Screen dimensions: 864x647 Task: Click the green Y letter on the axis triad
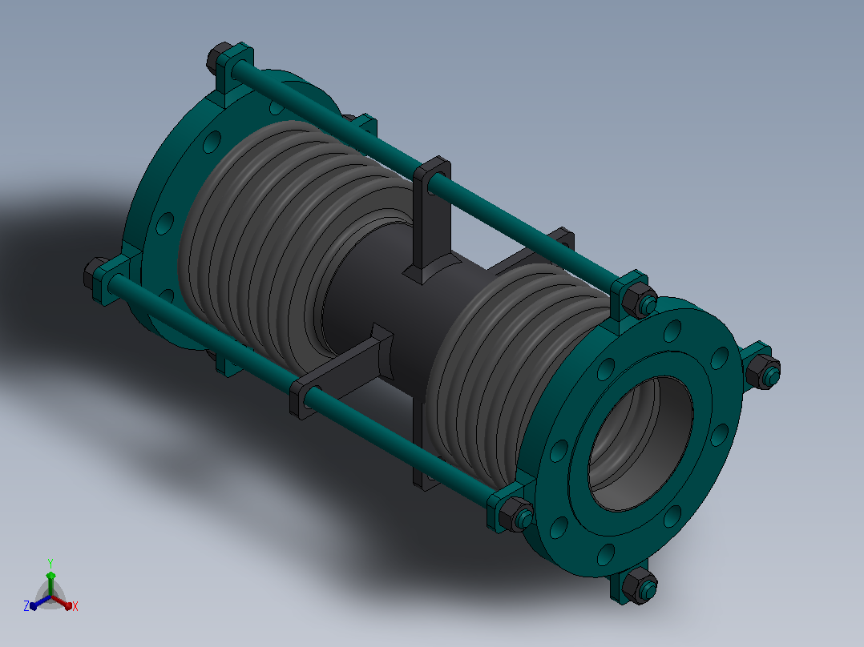coord(50,563)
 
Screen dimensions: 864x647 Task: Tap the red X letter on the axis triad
coord(75,606)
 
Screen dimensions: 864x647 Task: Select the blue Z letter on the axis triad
coord(26,606)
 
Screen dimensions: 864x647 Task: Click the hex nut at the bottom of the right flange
coord(640,586)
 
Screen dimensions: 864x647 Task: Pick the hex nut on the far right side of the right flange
coord(763,372)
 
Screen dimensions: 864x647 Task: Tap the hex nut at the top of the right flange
coord(640,300)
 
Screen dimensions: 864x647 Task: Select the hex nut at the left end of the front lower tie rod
coord(96,274)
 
